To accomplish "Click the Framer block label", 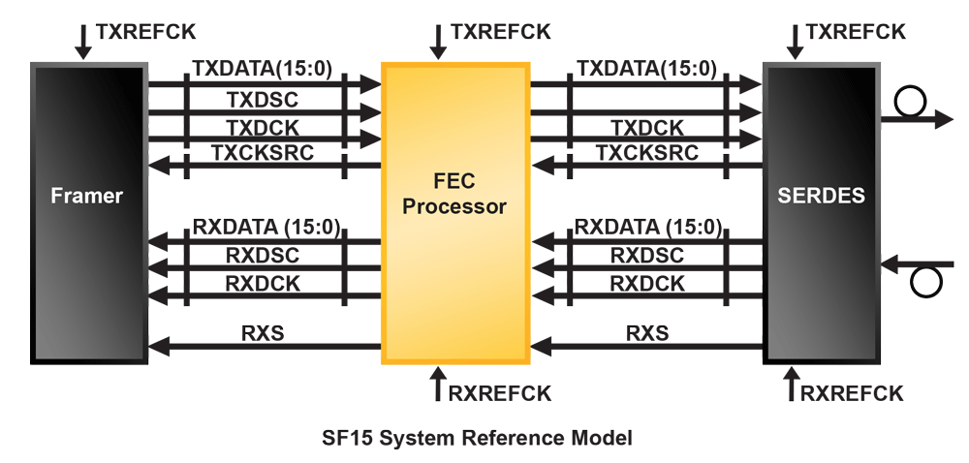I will tap(86, 196).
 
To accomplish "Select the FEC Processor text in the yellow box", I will tap(454, 193).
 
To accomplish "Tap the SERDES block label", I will tap(821, 196).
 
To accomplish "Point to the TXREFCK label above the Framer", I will tap(145, 31).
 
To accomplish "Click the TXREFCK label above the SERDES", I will tap(856, 31).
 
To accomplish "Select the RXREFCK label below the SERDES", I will tap(852, 392).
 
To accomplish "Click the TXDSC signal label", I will tap(262, 100).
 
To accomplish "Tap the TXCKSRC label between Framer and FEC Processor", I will tap(262, 153).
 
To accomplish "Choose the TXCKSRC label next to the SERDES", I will tap(646, 153).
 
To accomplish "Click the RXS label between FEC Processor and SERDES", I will tap(646, 333).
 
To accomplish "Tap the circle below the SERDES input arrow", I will tap(926, 283).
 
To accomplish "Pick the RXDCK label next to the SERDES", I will tap(646, 283).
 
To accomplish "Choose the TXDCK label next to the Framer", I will tap(262, 127).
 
